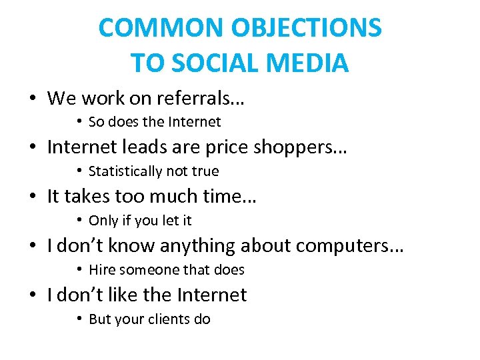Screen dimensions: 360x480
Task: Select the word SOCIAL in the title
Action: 217,63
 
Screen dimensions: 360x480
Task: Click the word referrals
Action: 200,99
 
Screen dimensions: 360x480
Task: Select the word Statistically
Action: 125,171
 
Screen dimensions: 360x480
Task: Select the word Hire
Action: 102,270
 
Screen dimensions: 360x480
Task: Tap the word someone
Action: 146,270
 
